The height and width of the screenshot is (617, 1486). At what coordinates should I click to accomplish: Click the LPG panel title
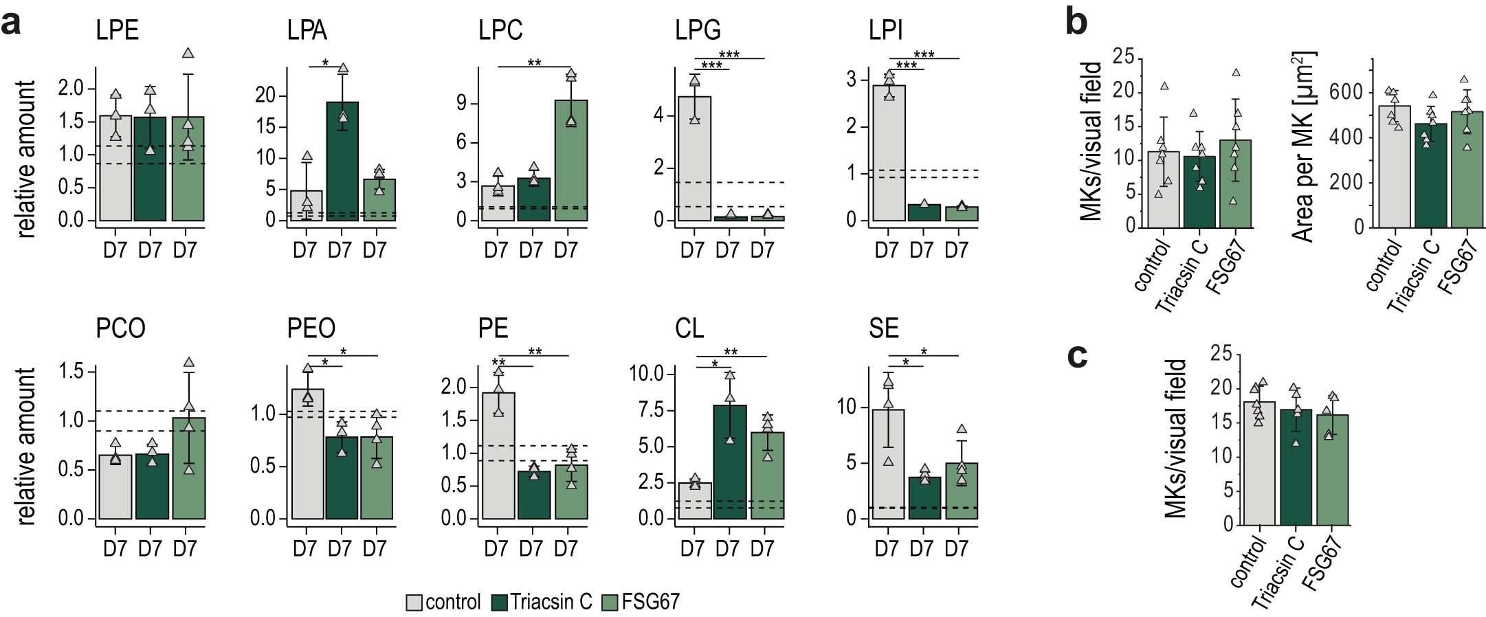click(698, 30)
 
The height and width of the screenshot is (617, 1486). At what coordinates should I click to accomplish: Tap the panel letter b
click(1076, 22)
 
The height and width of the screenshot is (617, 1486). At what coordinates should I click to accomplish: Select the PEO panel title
click(311, 328)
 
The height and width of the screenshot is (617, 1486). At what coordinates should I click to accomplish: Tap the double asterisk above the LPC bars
click(534, 63)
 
